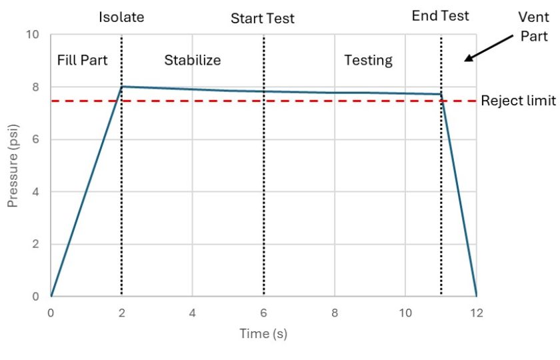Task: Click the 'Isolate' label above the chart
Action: tap(121, 17)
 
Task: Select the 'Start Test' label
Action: tap(263, 19)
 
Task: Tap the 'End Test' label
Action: tap(440, 16)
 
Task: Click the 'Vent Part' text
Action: tap(534, 27)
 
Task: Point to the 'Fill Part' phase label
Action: tap(83, 60)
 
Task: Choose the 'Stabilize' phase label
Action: tap(193, 60)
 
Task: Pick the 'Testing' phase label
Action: tap(368, 60)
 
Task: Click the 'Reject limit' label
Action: tap(518, 101)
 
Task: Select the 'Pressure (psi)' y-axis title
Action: tap(13, 164)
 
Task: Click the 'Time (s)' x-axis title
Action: tap(263, 333)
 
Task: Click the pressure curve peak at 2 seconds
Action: tap(122, 87)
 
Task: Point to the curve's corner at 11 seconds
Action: tap(441, 94)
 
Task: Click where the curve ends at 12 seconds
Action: tap(476, 296)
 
